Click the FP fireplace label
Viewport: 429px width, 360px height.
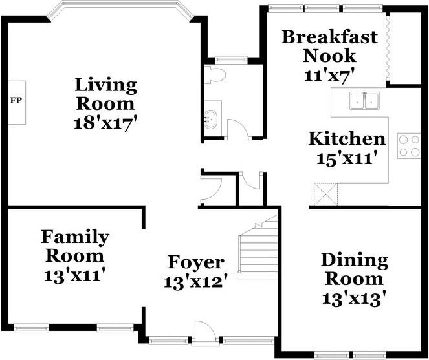(x=16, y=101)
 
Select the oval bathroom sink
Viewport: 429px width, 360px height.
(x=211, y=119)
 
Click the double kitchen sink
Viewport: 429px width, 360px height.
(x=364, y=101)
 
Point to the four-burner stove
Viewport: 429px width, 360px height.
(x=409, y=145)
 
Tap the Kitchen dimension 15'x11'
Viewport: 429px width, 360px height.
(x=345, y=158)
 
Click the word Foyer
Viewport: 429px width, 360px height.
(x=196, y=263)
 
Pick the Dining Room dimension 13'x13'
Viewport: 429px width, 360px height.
(x=355, y=299)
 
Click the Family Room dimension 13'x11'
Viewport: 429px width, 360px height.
(x=74, y=276)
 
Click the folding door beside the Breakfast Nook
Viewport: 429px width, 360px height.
(x=388, y=48)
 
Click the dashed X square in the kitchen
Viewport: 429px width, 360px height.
(x=326, y=194)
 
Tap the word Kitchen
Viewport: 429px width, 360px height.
(x=347, y=139)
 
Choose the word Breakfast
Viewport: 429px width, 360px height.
(x=330, y=37)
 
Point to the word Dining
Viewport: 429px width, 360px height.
(x=355, y=260)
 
